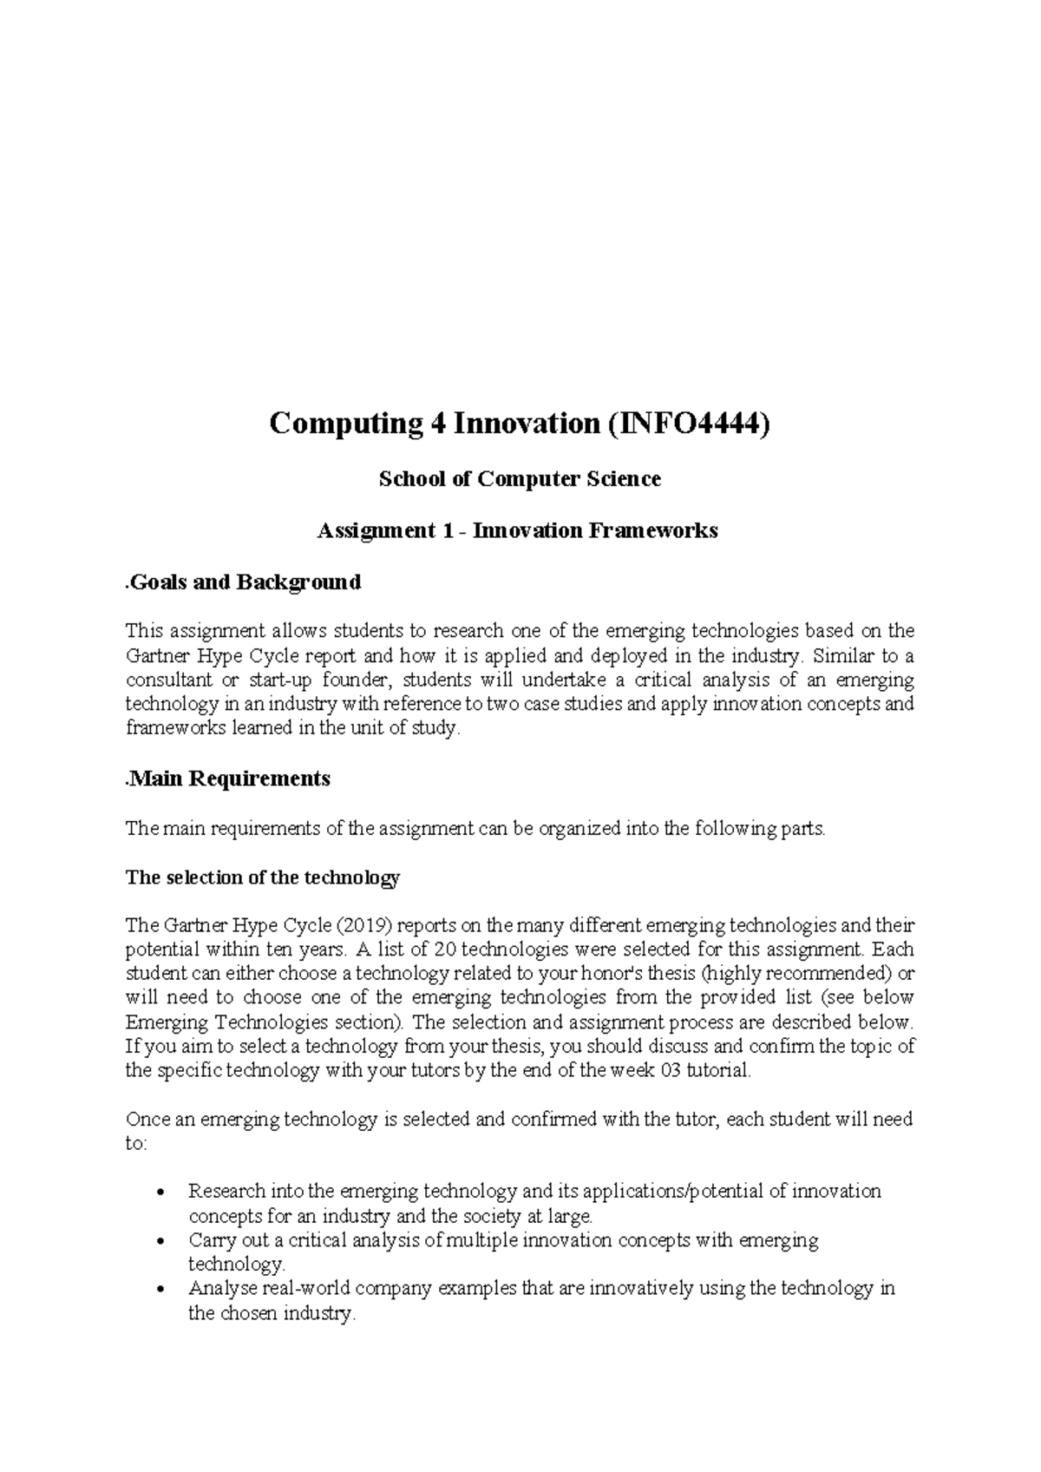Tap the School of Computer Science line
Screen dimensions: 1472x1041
(x=520, y=478)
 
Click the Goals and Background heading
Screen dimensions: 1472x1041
(x=244, y=582)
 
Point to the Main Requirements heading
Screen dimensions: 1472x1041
(x=229, y=779)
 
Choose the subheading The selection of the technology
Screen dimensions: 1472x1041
(x=262, y=877)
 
